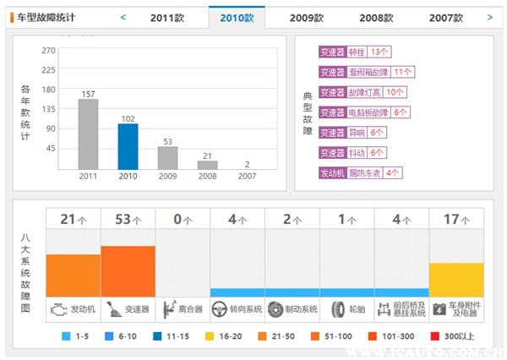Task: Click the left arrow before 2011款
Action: click(123, 17)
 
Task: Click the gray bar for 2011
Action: click(88, 135)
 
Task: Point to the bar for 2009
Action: click(167, 158)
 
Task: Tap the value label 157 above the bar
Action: click(88, 94)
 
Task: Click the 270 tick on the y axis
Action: click(48, 51)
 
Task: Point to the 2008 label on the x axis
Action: click(207, 177)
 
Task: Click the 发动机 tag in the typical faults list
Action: click(333, 172)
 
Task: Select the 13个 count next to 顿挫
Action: click(379, 52)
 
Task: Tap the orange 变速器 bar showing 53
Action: click(128, 270)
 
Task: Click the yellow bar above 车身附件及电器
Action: click(456, 279)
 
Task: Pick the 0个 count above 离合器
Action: click(183, 220)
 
